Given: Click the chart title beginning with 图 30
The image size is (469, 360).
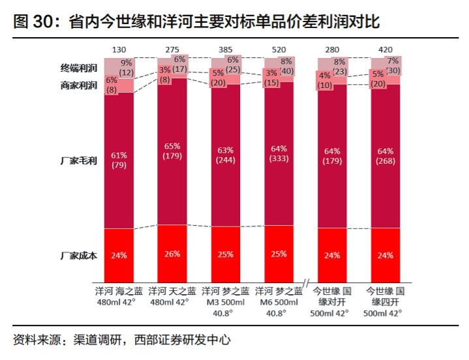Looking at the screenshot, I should (196, 21).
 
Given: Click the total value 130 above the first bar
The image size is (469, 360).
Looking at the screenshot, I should (119, 50).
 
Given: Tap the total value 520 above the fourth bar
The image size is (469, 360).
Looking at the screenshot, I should (279, 50).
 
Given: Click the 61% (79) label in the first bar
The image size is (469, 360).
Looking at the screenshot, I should (119, 160).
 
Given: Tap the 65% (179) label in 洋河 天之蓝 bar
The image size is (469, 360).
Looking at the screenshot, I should (172, 151).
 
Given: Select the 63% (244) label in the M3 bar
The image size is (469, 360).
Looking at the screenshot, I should (226, 155).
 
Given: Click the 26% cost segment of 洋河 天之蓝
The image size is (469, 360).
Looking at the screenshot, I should (172, 254).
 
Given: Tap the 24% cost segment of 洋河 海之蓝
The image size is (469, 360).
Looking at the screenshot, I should (119, 255).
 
